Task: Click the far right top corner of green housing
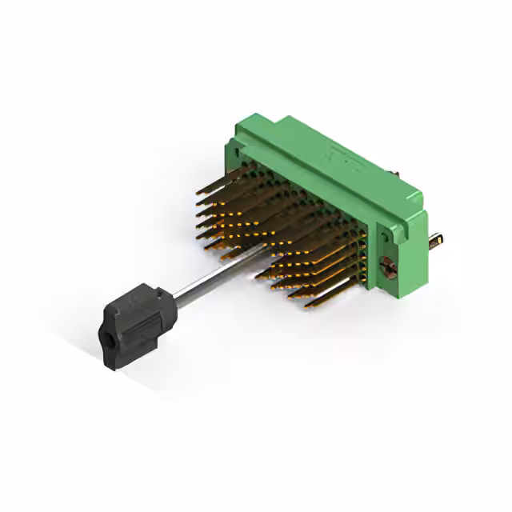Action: point(421,190)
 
